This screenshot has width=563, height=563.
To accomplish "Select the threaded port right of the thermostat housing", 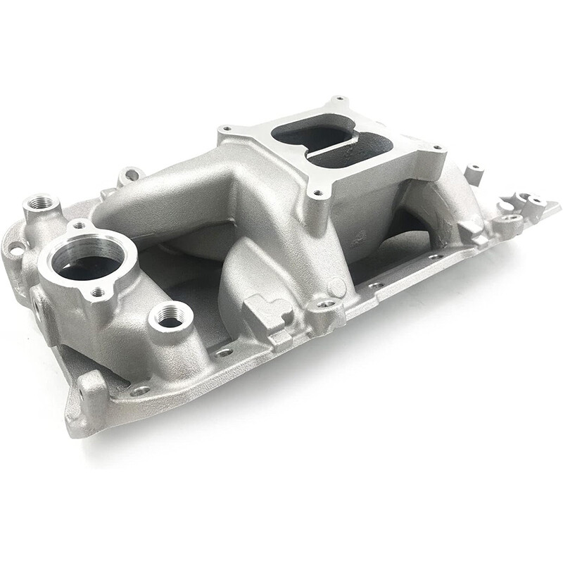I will pyautogui.click(x=170, y=320).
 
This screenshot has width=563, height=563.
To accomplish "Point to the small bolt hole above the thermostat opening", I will pyautogui.click(x=80, y=226).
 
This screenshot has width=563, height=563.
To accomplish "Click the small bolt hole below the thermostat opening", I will pyautogui.click(x=98, y=291).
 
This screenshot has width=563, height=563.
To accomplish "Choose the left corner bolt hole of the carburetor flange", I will pyautogui.click(x=226, y=129).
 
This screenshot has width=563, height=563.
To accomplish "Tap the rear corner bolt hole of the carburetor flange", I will pyautogui.click(x=340, y=99).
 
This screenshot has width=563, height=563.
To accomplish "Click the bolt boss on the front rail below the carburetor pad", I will pyautogui.click(x=327, y=305).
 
